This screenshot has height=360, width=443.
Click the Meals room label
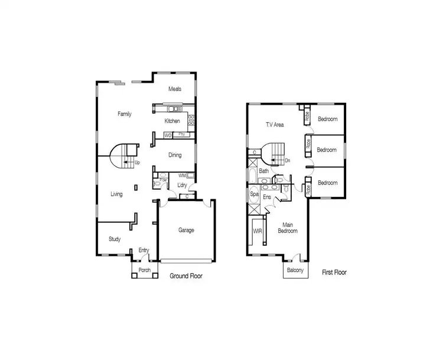click(x=174, y=89)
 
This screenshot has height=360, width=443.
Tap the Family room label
click(x=124, y=114)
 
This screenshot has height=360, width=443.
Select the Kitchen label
click(x=172, y=121)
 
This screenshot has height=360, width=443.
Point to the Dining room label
click(x=175, y=155)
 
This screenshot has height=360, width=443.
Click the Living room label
click(x=116, y=193)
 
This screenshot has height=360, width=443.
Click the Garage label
click(x=186, y=231)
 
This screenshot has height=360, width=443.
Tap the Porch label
click(x=145, y=271)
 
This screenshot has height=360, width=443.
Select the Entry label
click(x=144, y=250)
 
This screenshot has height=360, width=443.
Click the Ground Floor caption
click(x=186, y=276)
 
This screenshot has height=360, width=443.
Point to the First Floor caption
click(x=334, y=273)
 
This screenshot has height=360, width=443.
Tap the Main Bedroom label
click(x=288, y=228)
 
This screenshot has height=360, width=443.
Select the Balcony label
click(x=295, y=271)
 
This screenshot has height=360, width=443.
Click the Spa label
click(x=255, y=193)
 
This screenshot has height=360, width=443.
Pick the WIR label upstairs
click(x=258, y=231)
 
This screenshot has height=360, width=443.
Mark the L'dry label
click(x=183, y=186)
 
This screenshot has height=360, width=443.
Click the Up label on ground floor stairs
click(x=137, y=162)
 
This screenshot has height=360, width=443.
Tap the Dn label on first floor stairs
click(x=287, y=160)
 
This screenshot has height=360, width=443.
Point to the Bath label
click(x=263, y=171)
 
